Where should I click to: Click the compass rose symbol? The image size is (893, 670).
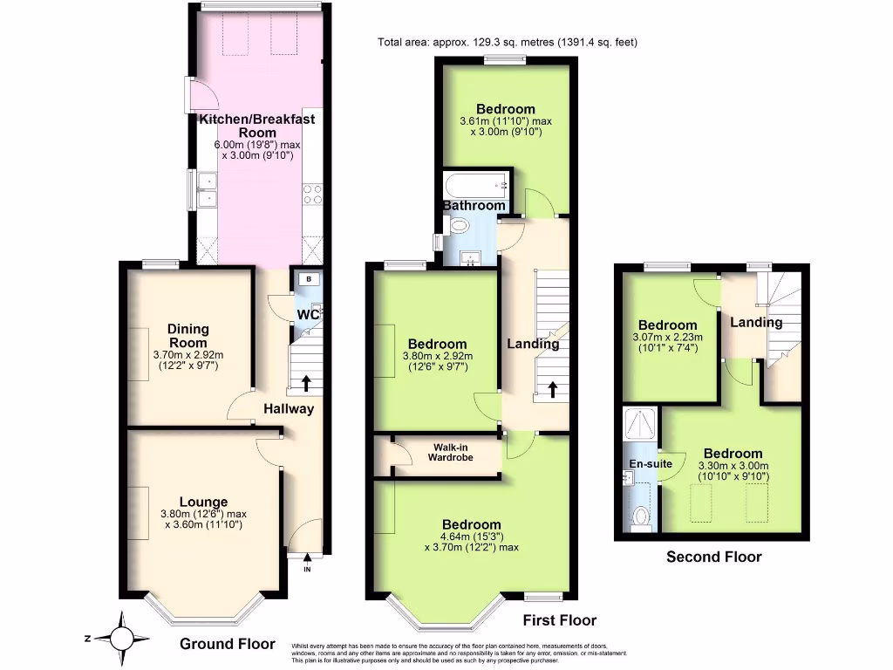coord(123,638)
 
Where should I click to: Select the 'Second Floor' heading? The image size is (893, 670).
coord(713,557)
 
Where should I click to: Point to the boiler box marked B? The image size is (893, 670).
coord(308,279)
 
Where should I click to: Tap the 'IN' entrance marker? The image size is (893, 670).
coord(307,570)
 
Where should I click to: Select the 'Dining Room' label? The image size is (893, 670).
coord(188,336)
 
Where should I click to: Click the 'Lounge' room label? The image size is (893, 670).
coord(203,502)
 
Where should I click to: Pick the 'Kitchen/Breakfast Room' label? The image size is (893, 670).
coord(256,126)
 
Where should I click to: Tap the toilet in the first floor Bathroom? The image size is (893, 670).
coord(460,226)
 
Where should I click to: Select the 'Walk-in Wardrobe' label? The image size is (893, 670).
coord(450,451)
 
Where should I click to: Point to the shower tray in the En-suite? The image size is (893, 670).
coord(641,426)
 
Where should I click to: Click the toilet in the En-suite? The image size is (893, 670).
coord(642,517)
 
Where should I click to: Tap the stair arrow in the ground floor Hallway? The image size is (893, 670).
coord(306,383)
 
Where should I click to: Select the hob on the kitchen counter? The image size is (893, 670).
coord(312,194)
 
